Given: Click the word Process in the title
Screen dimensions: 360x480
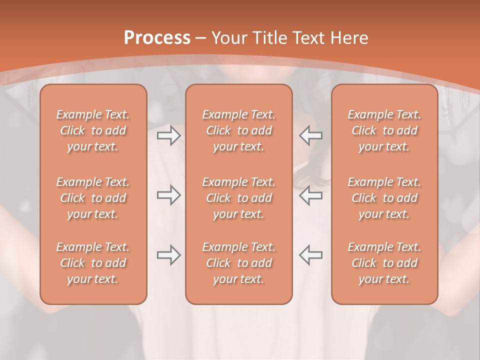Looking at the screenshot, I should pos(157,38).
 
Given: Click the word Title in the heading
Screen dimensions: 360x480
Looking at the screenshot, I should pos(271,38).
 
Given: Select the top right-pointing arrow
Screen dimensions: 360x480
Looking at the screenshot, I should pos(168,135).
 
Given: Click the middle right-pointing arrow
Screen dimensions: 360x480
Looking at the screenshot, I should pos(168,195).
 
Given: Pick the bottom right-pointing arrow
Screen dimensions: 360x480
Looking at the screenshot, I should pos(168,255).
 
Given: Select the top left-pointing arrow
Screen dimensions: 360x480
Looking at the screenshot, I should pos(311,135).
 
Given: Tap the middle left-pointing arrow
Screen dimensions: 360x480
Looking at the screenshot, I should pos(311,195).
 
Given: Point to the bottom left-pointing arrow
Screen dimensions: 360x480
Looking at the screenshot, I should pos(311,255).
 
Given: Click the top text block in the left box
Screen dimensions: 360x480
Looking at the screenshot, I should pos(93,130).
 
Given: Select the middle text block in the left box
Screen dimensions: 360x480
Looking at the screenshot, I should pos(93,198).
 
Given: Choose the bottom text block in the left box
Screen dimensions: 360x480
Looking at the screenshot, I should pos(93,263).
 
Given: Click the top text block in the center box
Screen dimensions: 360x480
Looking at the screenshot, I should pos(239,130).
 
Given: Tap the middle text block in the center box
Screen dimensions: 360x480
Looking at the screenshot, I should pos(239,198).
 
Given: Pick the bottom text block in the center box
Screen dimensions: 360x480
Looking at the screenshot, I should pos(239,263).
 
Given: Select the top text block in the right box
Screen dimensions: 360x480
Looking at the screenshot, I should pos(384,130).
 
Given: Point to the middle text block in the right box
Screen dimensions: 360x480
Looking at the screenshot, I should pos(384,198).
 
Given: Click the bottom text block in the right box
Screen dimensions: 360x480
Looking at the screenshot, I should pos(384,263).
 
